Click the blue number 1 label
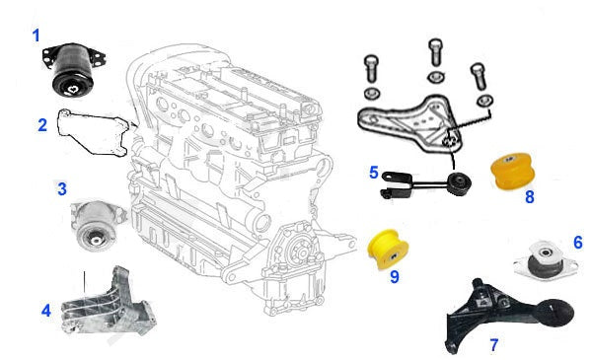36,36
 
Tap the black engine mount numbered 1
73,70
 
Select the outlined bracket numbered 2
94,132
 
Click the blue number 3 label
62,188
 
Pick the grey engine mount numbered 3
97,225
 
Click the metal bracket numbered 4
110,302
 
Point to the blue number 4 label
46,311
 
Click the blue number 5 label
373,173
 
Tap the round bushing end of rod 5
458,183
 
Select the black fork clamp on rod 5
396,184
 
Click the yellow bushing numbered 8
513,170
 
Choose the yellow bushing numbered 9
388,250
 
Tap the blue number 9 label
394,277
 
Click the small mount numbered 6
546,261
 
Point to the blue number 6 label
578,243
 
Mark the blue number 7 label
494,344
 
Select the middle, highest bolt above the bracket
436,53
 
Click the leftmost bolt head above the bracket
371,60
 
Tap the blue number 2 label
42,125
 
